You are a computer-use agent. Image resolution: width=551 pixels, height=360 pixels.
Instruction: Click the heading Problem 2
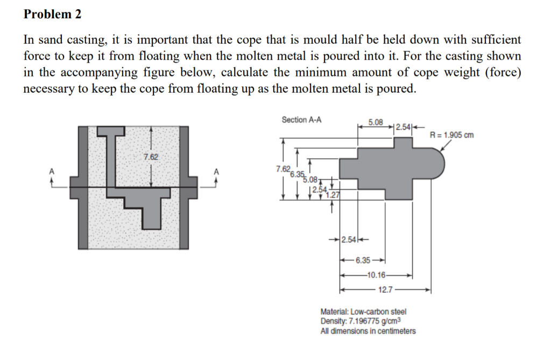(x=52, y=15)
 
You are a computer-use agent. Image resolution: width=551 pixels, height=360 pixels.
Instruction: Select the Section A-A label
(x=302, y=119)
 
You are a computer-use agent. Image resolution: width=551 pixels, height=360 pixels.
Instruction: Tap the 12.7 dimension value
(x=385, y=290)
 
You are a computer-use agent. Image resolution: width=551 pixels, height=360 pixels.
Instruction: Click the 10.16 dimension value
(x=375, y=275)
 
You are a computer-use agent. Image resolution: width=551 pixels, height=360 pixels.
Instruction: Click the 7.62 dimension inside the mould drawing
(x=151, y=157)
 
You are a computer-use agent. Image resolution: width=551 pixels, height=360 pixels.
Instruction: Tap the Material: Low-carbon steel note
(x=363, y=312)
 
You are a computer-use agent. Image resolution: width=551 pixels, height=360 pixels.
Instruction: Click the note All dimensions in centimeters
(x=368, y=331)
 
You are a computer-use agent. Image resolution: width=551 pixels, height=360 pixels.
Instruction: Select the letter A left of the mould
(x=52, y=171)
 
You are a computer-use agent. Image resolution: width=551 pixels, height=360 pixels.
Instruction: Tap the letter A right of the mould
(x=217, y=171)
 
